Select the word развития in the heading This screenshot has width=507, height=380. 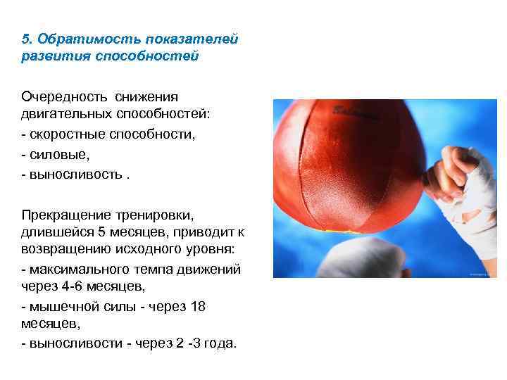[53, 55]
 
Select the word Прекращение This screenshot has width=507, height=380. [68, 213]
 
